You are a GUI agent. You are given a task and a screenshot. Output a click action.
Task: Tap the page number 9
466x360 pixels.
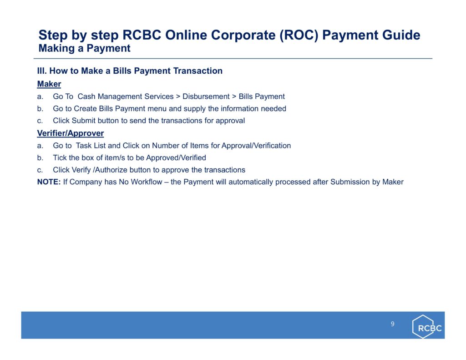pos(393,324)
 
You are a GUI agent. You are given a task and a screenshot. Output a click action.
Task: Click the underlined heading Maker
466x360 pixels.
pos(49,84)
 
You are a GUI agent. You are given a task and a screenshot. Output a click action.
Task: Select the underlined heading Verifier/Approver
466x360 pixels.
pos(71,133)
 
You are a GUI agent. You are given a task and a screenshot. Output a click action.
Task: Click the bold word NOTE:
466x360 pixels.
pos(49,182)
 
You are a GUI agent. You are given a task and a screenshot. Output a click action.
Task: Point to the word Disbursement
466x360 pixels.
pos(206,96)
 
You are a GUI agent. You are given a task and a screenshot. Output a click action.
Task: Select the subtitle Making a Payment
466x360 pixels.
pos(84,48)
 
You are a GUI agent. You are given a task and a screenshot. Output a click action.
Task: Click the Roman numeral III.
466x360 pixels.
pos(42,71)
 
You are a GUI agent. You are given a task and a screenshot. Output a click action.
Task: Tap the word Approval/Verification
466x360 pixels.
pos(256,146)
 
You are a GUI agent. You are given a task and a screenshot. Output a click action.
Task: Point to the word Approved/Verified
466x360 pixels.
pos(176,158)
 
